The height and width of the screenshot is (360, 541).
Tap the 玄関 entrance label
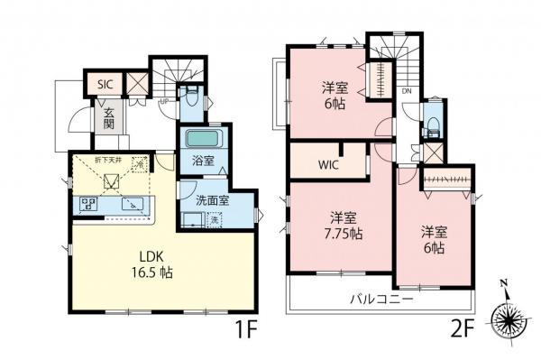click(x=107, y=119)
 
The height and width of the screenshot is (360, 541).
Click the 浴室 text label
click(x=202, y=162)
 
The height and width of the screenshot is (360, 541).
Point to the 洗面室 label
click(x=208, y=200)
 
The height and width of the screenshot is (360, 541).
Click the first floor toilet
click(x=189, y=99)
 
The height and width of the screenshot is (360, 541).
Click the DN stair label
click(x=407, y=92)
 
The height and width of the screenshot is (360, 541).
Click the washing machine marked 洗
click(x=215, y=219)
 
